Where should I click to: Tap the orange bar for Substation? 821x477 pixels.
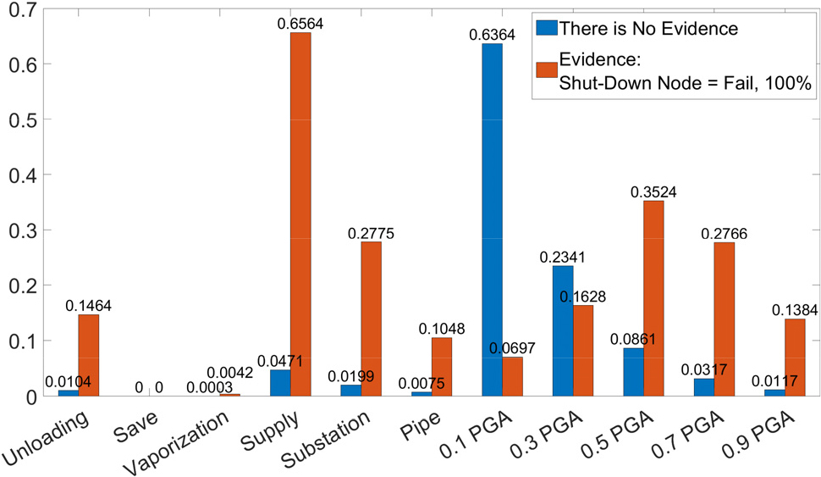(372, 319)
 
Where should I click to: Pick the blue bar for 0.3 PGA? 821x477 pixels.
(563, 331)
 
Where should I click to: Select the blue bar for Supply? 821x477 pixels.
(280, 383)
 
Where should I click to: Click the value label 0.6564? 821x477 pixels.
(300, 24)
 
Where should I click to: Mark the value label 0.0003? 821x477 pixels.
(210, 387)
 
